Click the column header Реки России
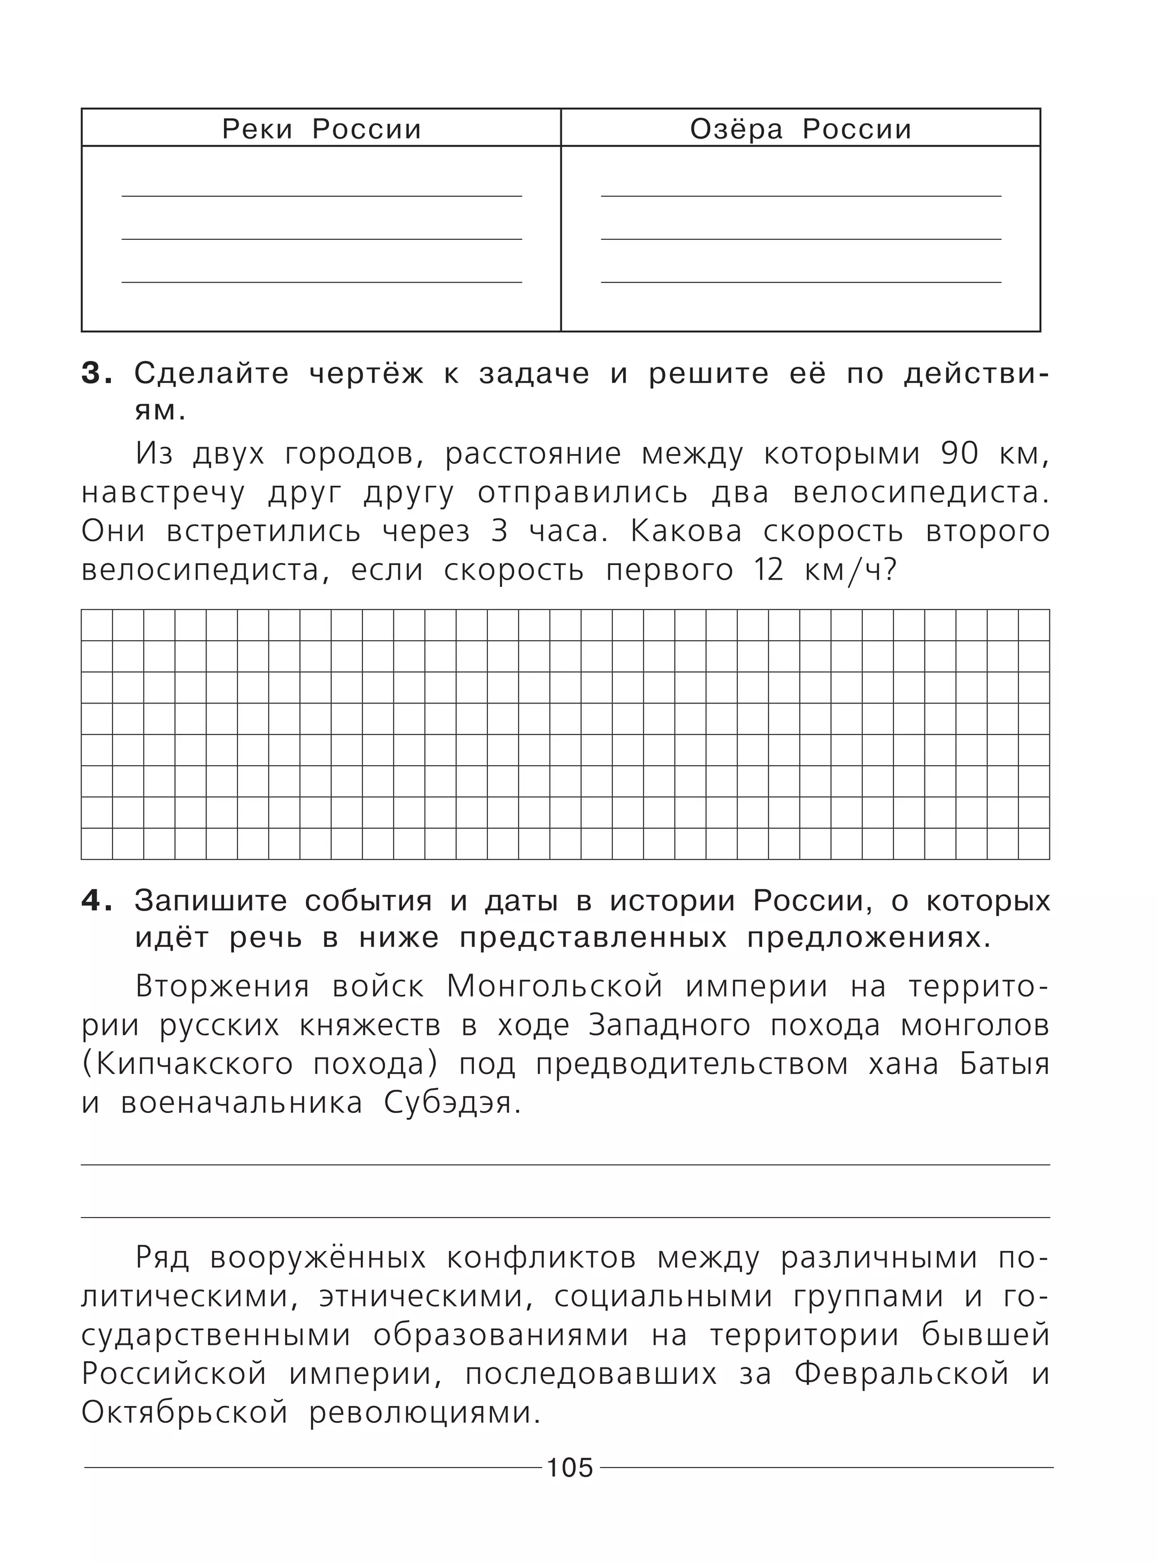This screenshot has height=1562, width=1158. [322, 129]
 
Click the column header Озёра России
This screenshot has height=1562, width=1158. [801, 129]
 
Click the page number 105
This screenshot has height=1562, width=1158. [570, 1468]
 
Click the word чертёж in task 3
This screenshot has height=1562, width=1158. [366, 374]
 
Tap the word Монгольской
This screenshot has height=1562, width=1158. [555, 987]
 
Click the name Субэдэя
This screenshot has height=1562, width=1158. [453, 1103]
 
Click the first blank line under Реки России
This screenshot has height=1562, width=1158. [322, 195]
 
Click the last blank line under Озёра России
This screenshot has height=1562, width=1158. [801, 281]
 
